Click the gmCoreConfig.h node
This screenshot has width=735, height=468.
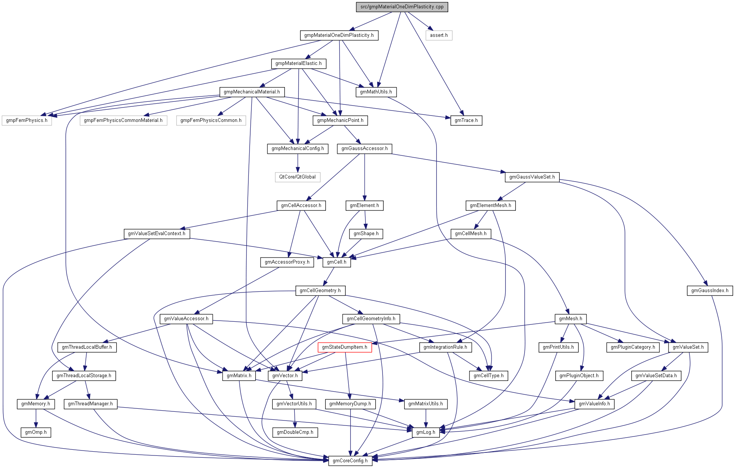350,461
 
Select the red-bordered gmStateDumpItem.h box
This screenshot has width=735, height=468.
345,347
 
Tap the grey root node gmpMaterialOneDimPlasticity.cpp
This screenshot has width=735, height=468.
402,7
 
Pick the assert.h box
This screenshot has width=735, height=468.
439,35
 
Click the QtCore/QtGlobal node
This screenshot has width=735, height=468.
297,177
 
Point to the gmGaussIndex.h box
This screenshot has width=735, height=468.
710,291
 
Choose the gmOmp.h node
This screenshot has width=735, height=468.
36,432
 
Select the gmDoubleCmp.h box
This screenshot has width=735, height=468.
295,432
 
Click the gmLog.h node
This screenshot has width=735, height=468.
425,432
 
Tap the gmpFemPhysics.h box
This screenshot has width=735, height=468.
27,120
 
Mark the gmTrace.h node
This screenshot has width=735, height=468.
466,120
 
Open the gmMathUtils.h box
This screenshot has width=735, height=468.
376,92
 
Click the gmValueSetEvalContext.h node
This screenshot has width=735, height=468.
156,234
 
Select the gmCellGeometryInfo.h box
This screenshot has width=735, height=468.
371,319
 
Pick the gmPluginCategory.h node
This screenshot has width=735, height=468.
633,347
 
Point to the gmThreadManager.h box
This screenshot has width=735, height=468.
90,404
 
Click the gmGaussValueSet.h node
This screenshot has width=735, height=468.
532,177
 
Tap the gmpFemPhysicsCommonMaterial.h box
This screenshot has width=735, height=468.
123,120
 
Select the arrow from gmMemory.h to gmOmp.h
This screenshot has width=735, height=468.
36,418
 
